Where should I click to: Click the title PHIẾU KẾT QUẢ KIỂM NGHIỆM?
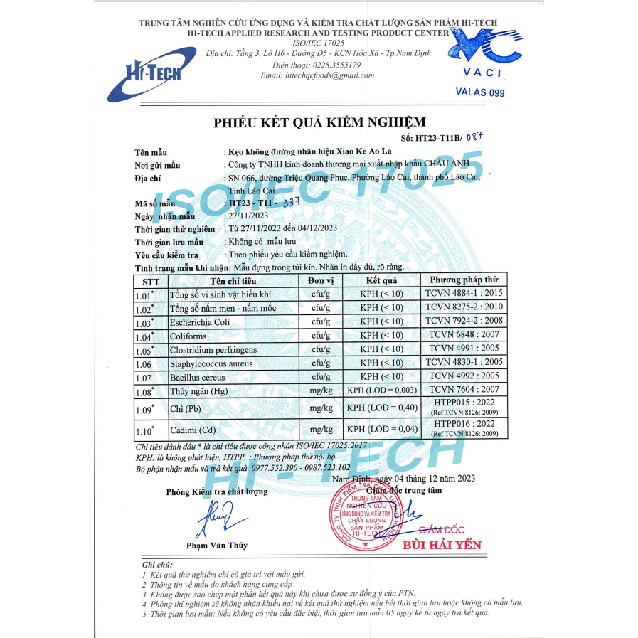pyautogui.click(x=319, y=122)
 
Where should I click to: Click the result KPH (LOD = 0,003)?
pyautogui.click(x=381, y=390)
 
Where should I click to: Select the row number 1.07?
pyautogui.click(x=144, y=376)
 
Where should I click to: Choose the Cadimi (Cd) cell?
pyautogui.click(x=192, y=430)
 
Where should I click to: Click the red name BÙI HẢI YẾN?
pyautogui.click(x=442, y=546)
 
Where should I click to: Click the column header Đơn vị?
pyautogui.click(x=321, y=280)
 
